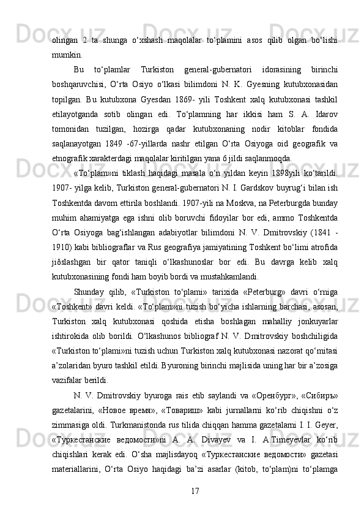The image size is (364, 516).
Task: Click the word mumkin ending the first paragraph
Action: (x=67, y=53)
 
